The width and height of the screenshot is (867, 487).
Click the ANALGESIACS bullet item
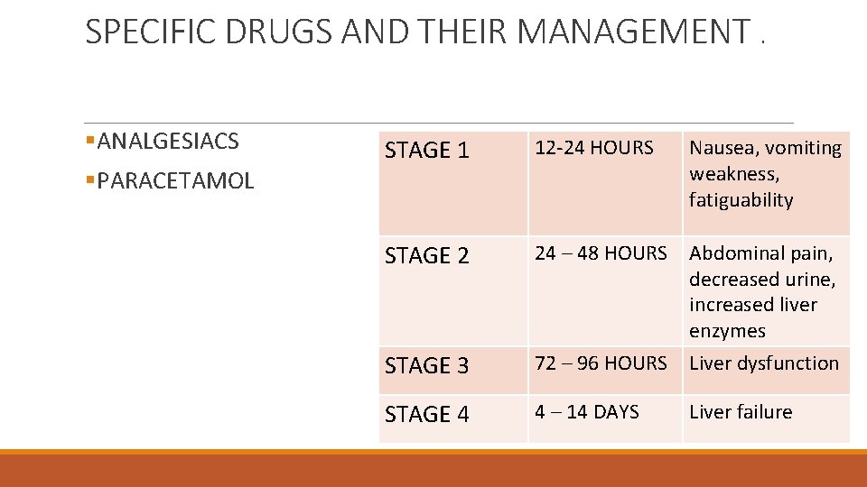click(x=168, y=142)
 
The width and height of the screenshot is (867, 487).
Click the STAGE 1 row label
click(x=427, y=151)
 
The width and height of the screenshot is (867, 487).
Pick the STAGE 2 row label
click(x=427, y=256)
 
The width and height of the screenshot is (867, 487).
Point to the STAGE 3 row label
click(x=427, y=366)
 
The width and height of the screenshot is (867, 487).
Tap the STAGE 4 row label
click(x=427, y=415)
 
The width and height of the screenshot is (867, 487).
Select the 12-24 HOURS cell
click(x=594, y=147)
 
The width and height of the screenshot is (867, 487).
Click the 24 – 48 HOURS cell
click(x=601, y=253)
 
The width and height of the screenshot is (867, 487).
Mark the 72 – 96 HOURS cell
click(x=601, y=363)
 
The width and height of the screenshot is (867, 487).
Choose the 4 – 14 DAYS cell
click(x=587, y=412)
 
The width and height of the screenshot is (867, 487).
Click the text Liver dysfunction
click(x=764, y=363)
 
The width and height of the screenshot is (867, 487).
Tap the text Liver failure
click(x=741, y=412)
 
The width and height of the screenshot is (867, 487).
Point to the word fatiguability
click(x=741, y=200)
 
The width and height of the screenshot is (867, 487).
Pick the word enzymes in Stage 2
click(x=727, y=331)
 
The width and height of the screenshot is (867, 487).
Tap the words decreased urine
click(x=761, y=280)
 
